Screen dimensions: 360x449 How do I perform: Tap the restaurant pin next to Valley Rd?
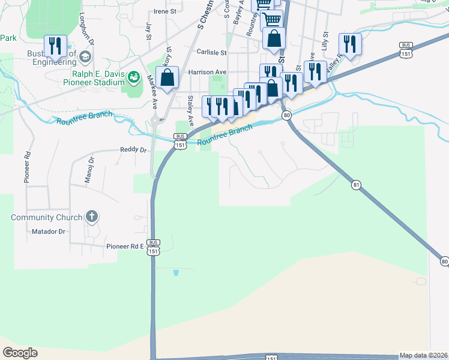(349, 44)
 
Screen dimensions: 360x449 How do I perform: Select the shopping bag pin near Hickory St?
(167, 77)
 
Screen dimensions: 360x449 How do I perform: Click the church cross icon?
(91, 216)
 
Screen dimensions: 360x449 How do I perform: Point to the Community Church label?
(47, 217)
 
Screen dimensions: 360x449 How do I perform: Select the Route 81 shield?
(357, 185)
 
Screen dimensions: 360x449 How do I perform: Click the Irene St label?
(165, 11)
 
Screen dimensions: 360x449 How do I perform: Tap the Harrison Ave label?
(207, 72)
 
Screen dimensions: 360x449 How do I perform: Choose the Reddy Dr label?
(133, 149)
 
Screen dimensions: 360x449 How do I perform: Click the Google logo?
(20, 353)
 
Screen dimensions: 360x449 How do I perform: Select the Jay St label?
(148, 32)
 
